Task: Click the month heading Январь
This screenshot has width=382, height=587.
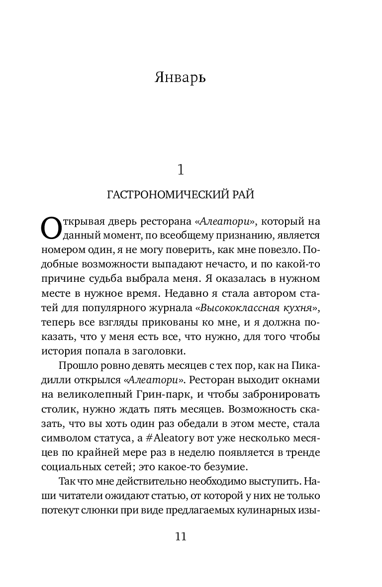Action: pos(180,78)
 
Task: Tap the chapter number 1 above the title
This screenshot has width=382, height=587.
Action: pos(181,170)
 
